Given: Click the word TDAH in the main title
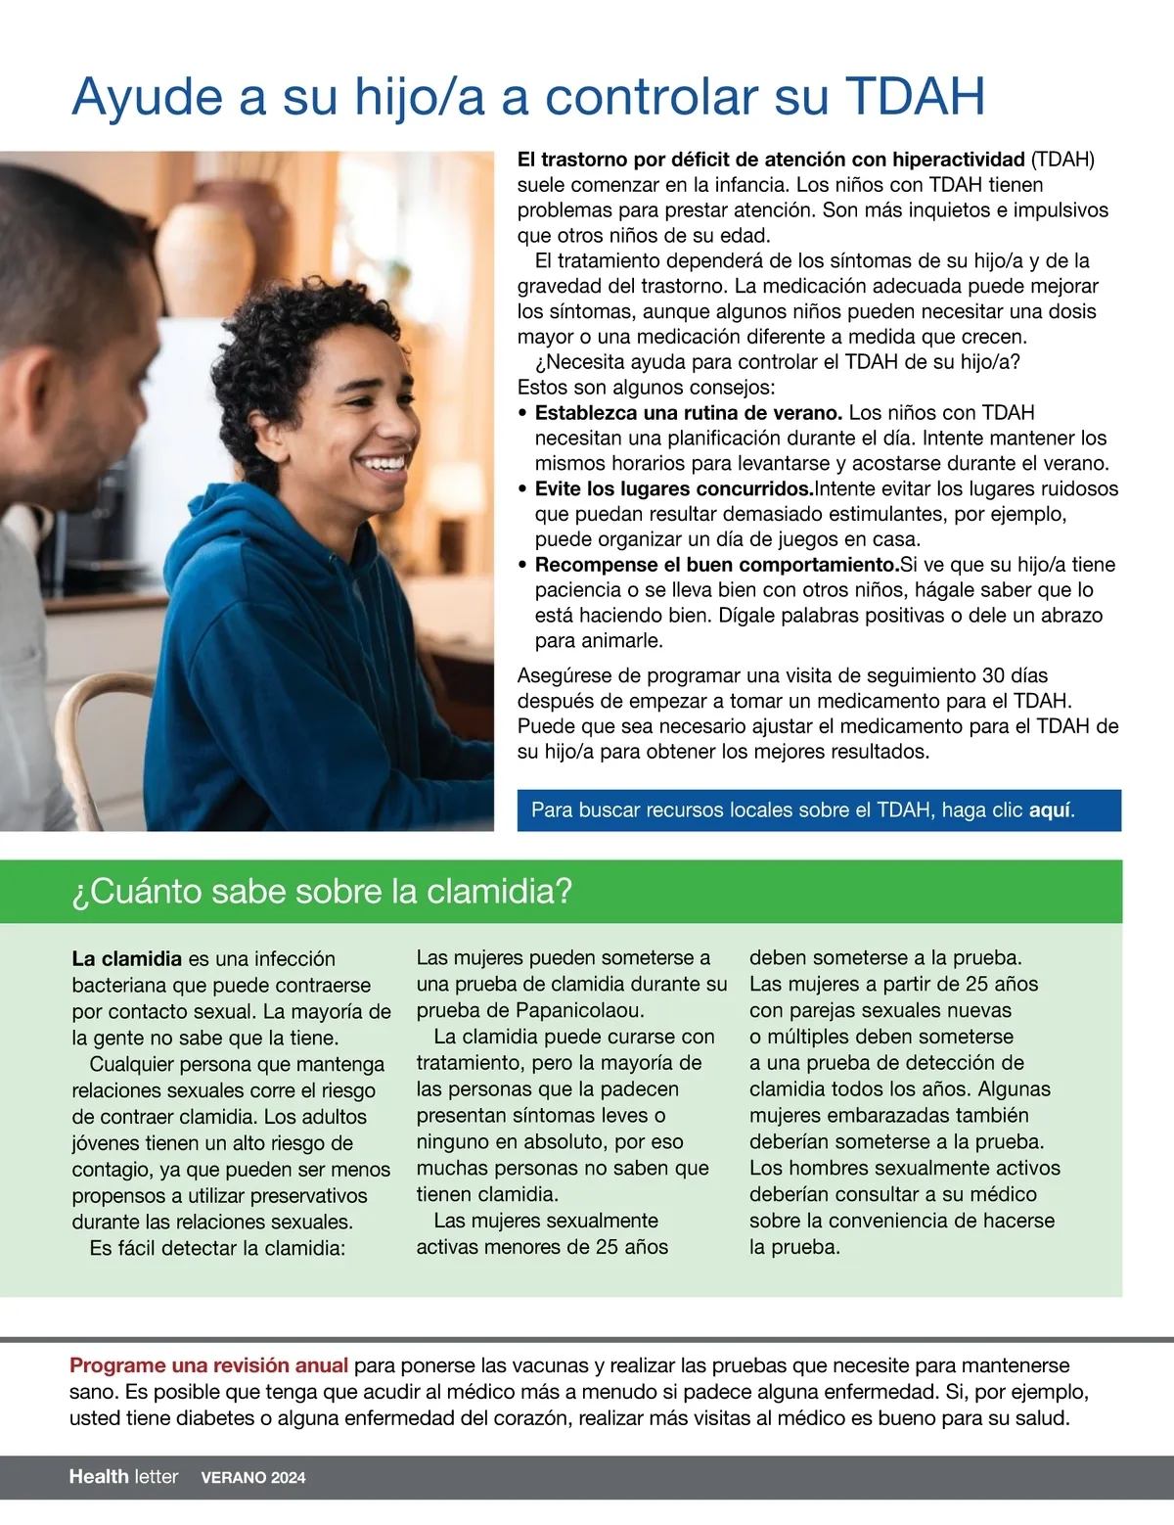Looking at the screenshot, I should click(x=915, y=97).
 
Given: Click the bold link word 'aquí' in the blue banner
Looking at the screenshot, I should click(x=1051, y=810).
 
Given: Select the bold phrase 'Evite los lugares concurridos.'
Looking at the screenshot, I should click(x=674, y=489).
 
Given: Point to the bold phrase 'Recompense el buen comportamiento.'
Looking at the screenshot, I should click(x=716, y=565).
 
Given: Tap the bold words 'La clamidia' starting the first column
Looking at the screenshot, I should click(x=126, y=959).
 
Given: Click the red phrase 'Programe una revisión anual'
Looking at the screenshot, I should click(x=208, y=1365).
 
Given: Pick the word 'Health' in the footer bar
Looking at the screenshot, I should click(x=99, y=1477).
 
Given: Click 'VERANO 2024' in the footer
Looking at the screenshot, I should click(x=253, y=1478).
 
